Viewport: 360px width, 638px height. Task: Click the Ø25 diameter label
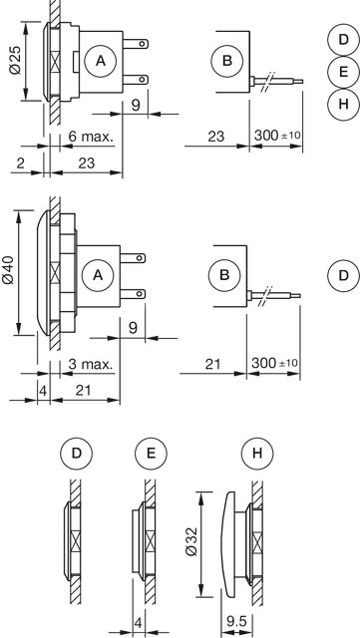pos(16,62)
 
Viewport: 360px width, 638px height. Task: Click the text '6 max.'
pos(91,137)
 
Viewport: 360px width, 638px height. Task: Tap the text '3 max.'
pos(91,364)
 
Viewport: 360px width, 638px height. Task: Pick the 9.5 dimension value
pos(236,621)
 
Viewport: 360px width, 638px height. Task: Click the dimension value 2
pos(21,163)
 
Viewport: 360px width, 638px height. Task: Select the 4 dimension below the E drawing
pos(139,623)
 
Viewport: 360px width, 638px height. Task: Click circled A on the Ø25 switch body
pos(101,61)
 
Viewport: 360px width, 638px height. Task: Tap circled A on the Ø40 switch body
pos(98,275)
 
